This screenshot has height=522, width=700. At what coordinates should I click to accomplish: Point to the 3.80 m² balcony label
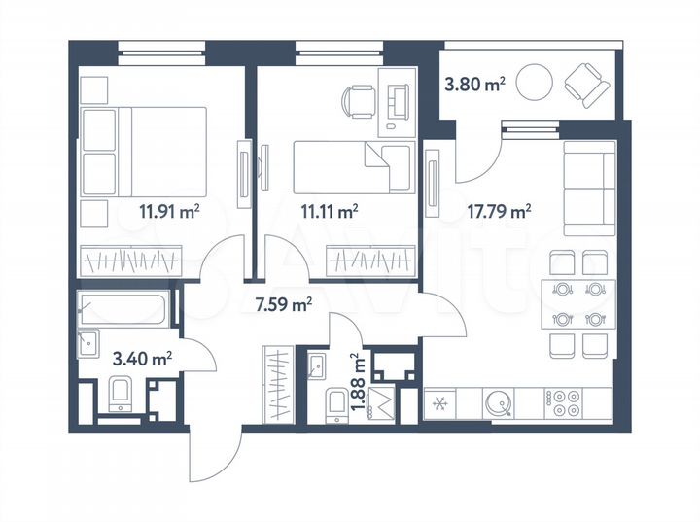473,86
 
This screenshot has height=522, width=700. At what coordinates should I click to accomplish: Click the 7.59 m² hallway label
283,305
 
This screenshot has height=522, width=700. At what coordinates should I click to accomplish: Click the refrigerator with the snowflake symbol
440,401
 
